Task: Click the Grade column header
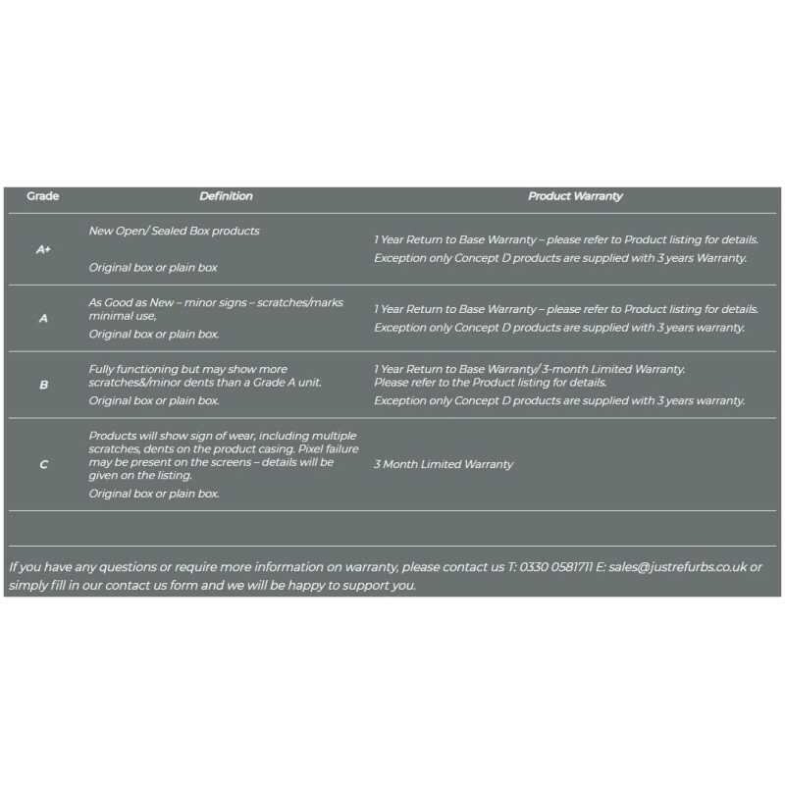42,196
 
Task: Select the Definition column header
226,196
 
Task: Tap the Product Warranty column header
575,196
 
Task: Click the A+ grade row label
43,249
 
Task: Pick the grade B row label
43,385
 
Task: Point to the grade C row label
43,464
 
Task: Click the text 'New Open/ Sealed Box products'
174,231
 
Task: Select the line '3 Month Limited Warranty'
443,464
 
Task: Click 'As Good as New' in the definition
130,302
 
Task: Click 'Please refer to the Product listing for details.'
490,382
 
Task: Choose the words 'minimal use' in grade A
121,316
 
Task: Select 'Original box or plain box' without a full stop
153,267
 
